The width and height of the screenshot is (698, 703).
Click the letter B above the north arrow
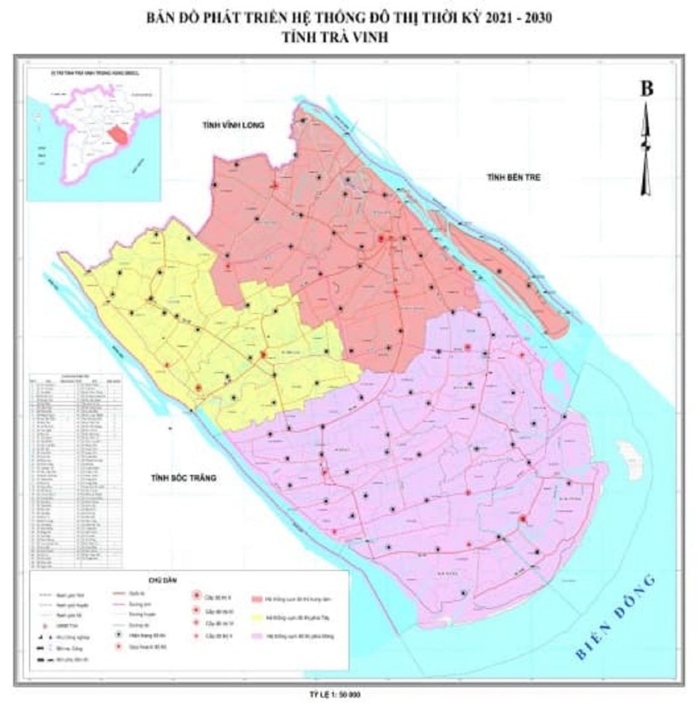click(645, 89)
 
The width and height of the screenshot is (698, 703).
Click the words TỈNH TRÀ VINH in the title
click(349, 39)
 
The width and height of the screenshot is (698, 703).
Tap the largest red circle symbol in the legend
click(196, 595)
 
